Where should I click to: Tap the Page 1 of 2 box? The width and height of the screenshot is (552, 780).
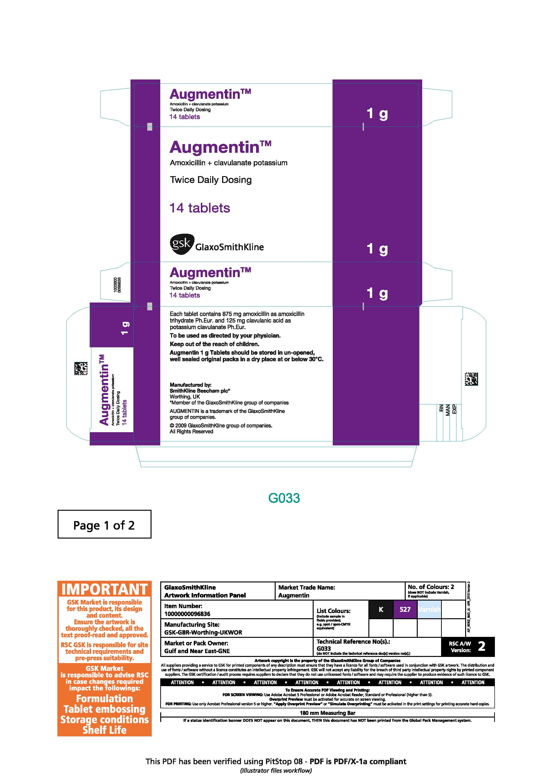point(104,525)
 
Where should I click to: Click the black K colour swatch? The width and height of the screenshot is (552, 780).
point(381,610)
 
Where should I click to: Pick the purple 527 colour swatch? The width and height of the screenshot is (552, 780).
point(405,610)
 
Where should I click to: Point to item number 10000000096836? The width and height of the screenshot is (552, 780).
point(187,614)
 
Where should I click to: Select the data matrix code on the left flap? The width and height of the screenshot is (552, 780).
point(81,369)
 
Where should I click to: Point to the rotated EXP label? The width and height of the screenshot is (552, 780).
point(454,409)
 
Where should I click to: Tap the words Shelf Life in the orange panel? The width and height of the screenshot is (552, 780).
point(104,730)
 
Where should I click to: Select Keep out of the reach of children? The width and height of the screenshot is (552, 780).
point(214,344)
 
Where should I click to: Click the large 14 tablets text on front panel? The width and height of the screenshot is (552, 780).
point(200,208)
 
